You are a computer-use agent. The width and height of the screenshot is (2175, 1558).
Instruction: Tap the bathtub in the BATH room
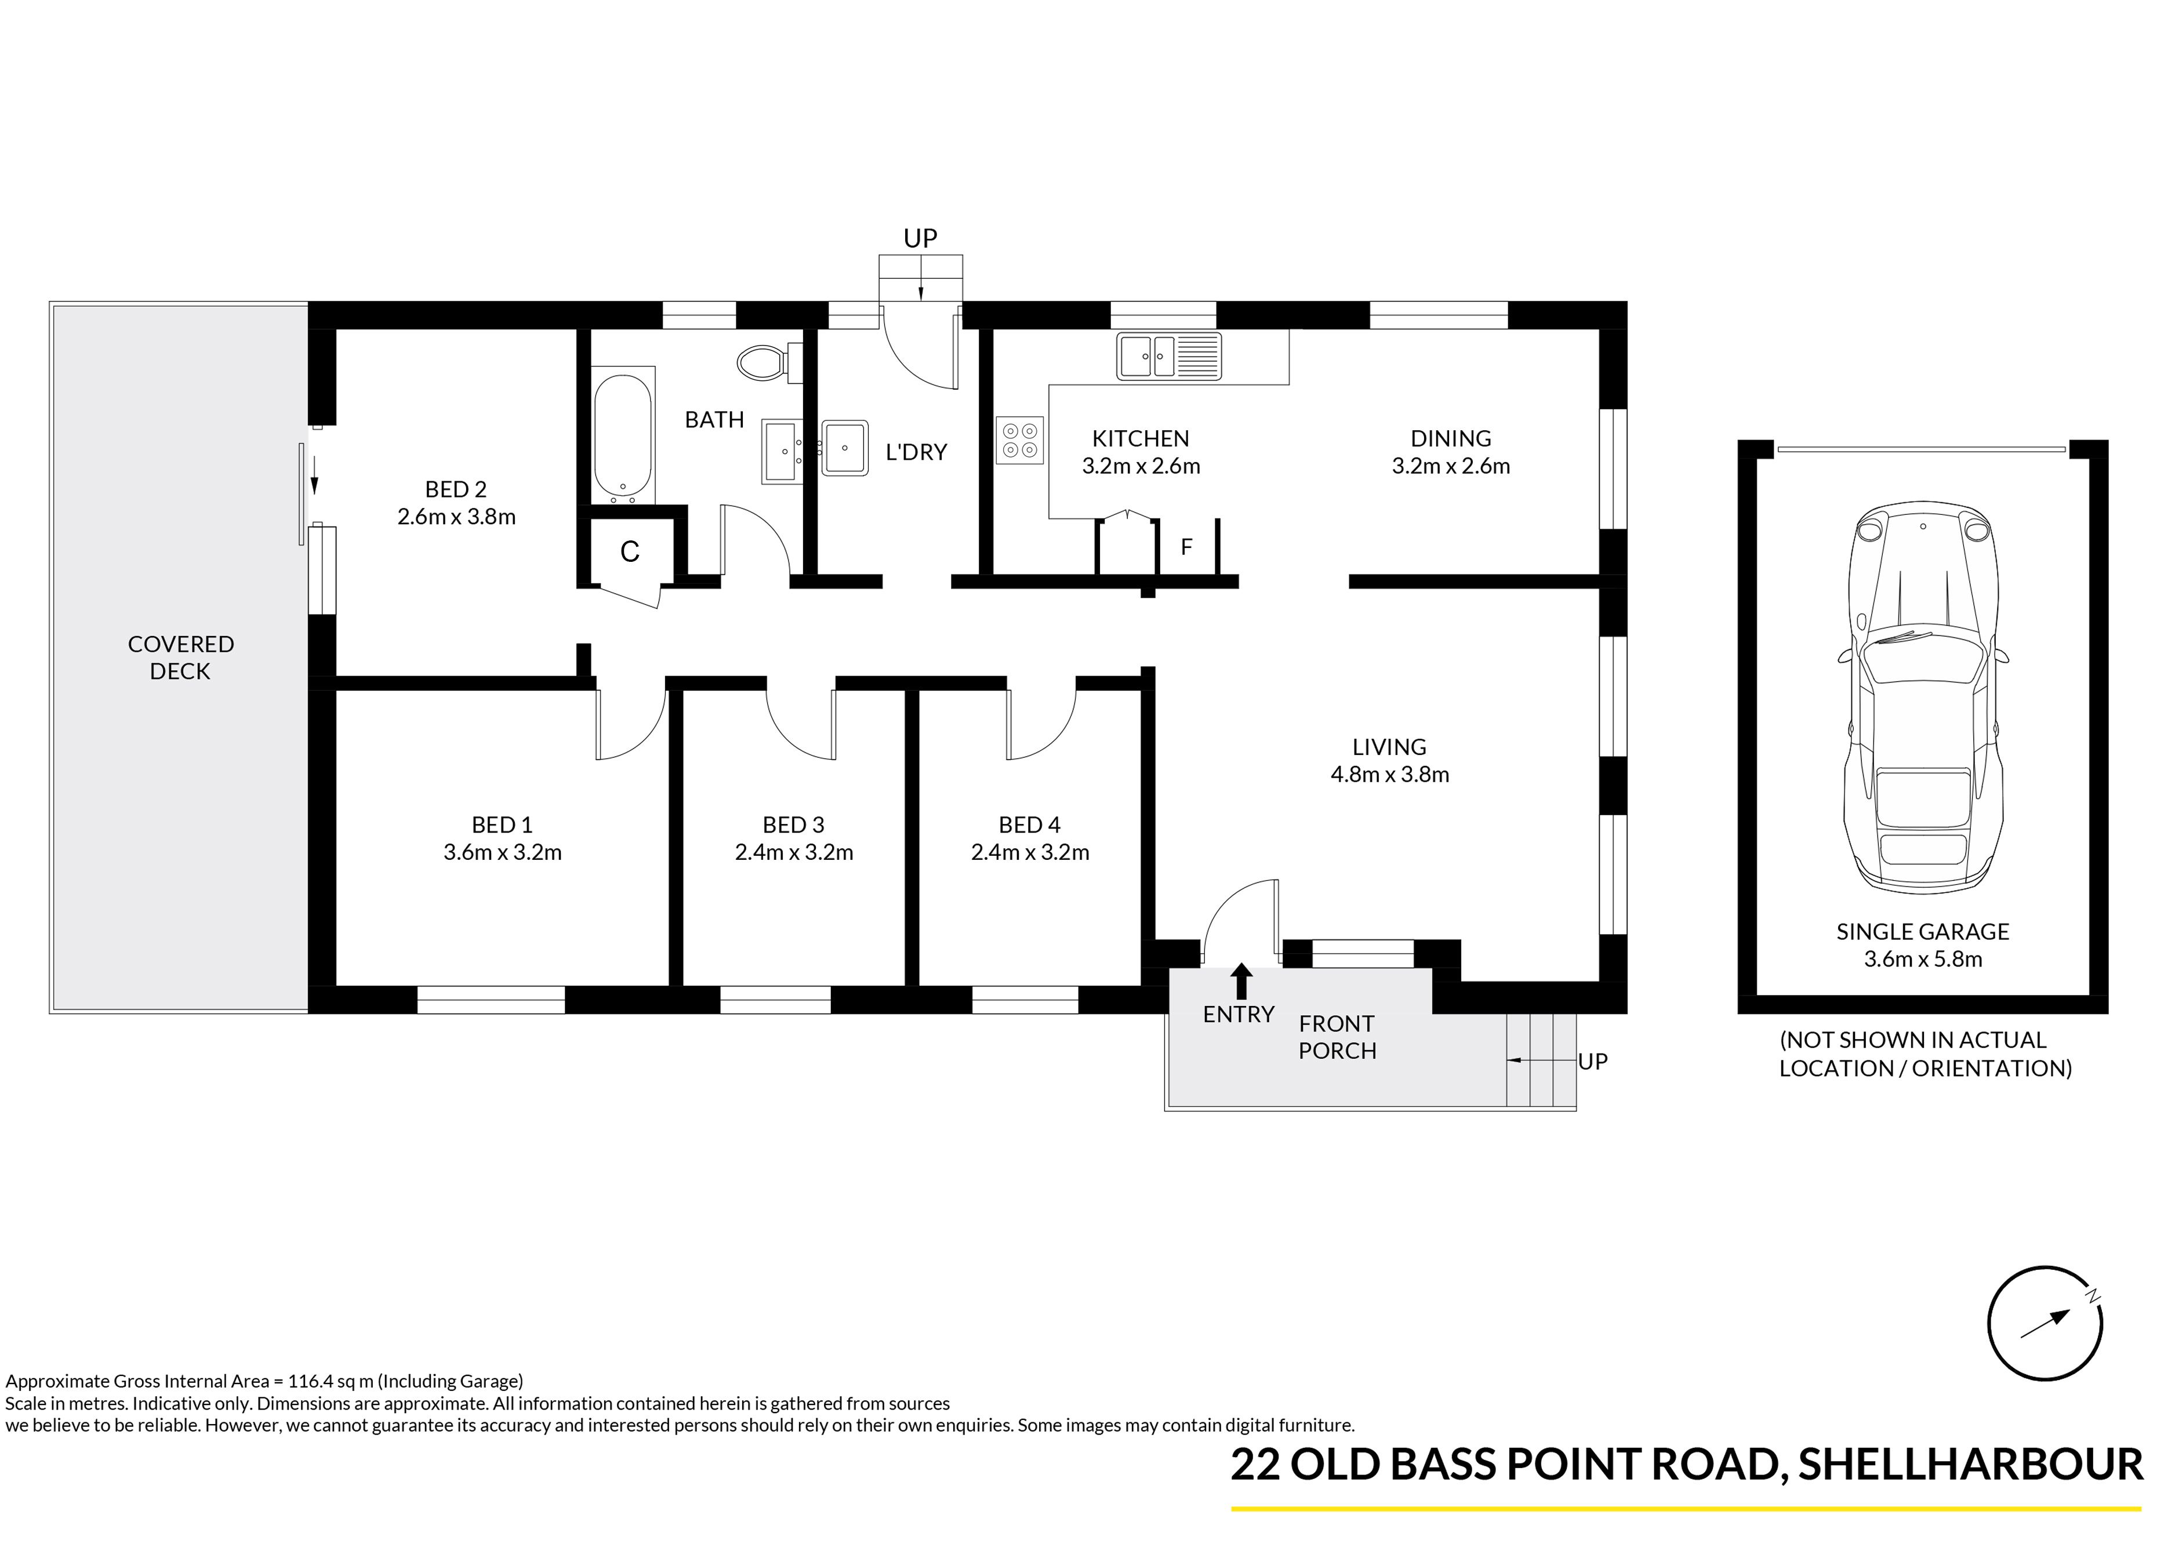click(x=623, y=435)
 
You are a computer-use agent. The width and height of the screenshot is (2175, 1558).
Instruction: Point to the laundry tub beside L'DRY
click(x=845, y=448)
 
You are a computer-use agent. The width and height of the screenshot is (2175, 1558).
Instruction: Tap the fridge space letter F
click(x=1186, y=547)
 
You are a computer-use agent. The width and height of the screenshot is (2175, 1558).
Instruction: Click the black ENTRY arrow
click(x=1242, y=981)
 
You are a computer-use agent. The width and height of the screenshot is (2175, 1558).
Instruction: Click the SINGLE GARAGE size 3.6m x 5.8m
click(x=1923, y=959)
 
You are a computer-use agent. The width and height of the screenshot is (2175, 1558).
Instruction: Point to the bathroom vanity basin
click(x=783, y=450)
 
